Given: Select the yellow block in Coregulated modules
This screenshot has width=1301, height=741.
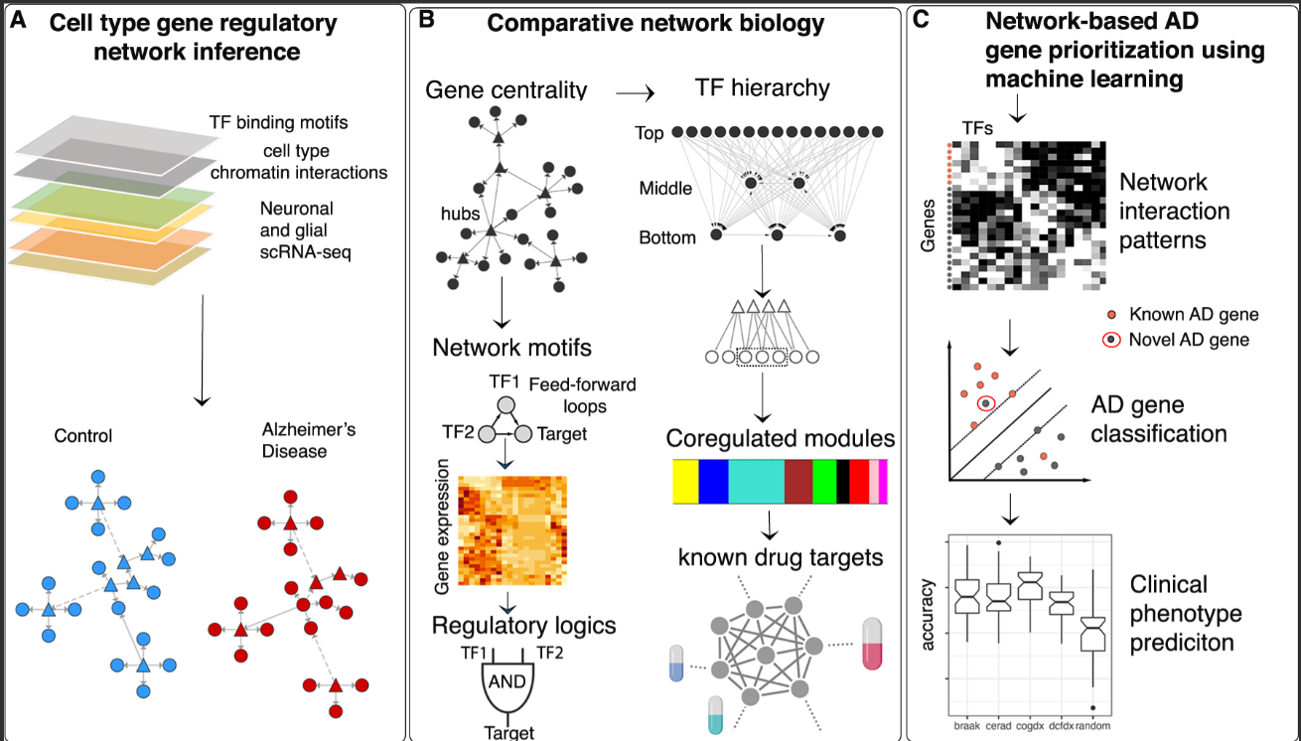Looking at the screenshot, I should (685, 481).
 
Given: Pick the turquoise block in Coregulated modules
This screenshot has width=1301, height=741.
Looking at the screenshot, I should (756, 481).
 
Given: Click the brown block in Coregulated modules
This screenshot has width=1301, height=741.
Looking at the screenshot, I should (798, 481).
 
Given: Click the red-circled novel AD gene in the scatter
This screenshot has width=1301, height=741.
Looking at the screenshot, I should (985, 402).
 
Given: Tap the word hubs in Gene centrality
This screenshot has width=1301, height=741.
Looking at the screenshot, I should (462, 213).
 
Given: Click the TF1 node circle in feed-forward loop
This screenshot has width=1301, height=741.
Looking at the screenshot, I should (506, 405).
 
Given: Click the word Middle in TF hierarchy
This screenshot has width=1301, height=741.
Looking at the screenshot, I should (665, 189).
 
